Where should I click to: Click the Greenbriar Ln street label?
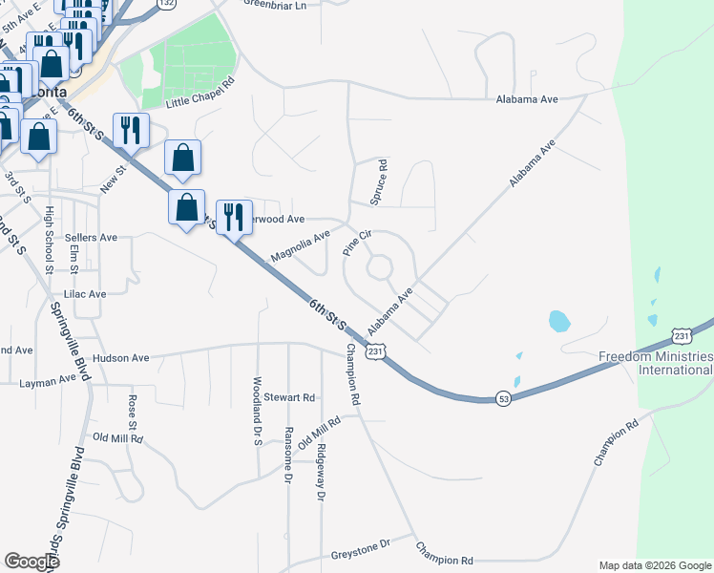[x=275, y=5]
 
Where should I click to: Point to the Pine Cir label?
[x=356, y=240]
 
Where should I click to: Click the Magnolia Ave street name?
[x=300, y=244]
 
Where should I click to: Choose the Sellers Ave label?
[x=91, y=237]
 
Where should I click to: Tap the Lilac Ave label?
[x=84, y=294]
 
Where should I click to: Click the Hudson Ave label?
[x=121, y=358]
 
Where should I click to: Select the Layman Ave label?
[x=47, y=380]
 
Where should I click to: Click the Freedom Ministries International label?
[x=655, y=363]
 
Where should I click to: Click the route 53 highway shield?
[x=502, y=396]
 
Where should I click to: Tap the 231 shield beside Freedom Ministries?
[x=682, y=335]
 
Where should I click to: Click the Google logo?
[x=32, y=562]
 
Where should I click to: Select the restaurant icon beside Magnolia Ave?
[x=233, y=216]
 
